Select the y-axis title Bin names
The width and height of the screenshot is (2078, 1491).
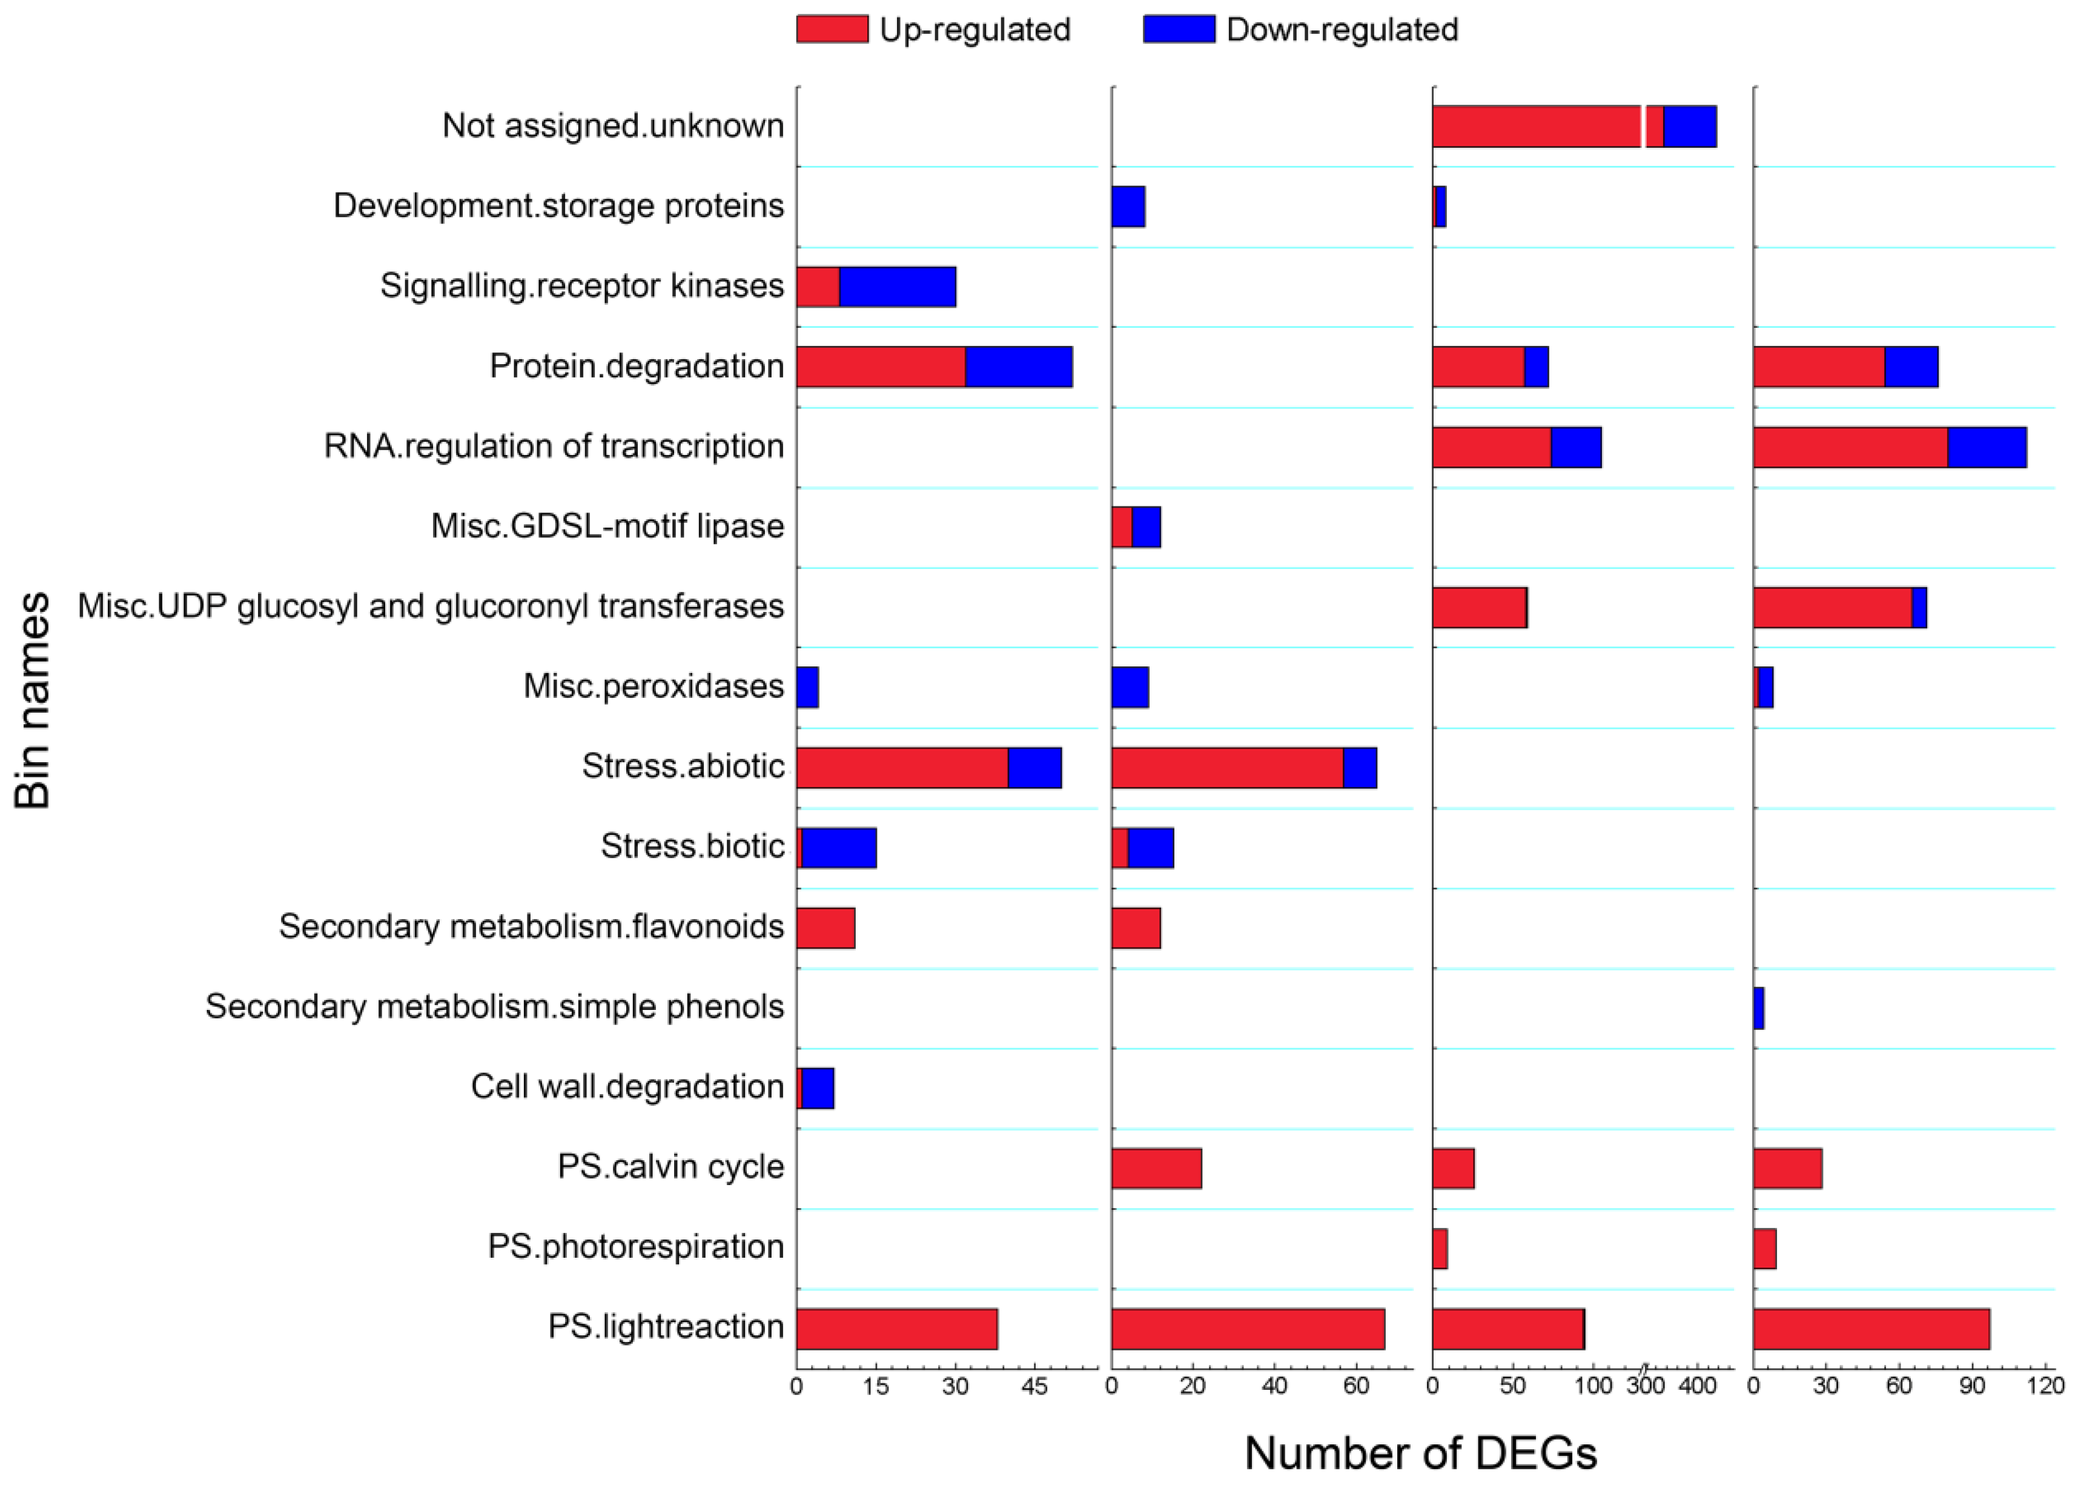pyautogui.click(x=33, y=700)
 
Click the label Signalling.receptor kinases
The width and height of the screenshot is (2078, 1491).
pyautogui.click(x=582, y=286)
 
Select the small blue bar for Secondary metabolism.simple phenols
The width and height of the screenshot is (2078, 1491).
pyautogui.click(x=1758, y=1008)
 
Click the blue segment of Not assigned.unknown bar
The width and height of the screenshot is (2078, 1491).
pyautogui.click(x=1690, y=127)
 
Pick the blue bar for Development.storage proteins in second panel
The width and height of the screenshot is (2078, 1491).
pyautogui.click(x=1128, y=206)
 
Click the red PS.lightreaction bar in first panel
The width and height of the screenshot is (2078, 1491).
pyautogui.click(x=896, y=1329)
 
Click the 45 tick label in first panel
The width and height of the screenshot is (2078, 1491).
pyautogui.click(x=1034, y=1387)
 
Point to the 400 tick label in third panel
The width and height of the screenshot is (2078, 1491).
pyautogui.click(x=1697, y=1387)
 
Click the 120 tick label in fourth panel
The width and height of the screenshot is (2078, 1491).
pyautogui.click(x=2045, y=1387)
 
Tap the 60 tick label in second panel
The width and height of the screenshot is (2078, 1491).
pyautogui.click(x=1356, y=1387)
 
